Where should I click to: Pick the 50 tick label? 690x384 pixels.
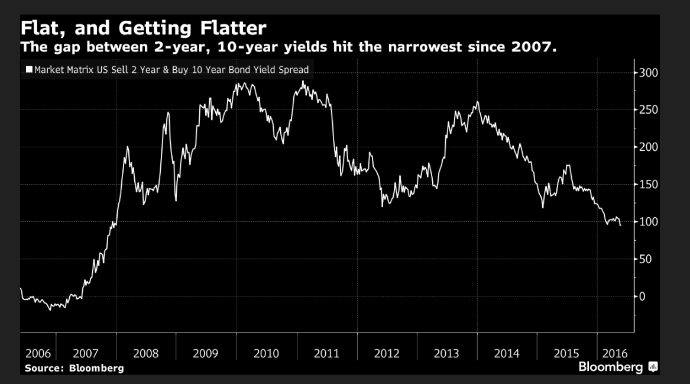point(644,259)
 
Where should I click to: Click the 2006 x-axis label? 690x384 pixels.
point(38,354)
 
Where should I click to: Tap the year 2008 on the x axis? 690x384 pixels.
point(145,354)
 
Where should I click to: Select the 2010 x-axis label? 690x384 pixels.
point(266,354)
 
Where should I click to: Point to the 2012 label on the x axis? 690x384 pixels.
point(387,354)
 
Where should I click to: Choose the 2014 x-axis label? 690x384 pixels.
point(507,354)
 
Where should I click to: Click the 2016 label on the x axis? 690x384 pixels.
point(615,354)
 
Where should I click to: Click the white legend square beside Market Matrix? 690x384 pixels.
point(28,70)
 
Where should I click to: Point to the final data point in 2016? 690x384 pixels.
point(620,225)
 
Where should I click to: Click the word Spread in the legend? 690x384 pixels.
point(294,70)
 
